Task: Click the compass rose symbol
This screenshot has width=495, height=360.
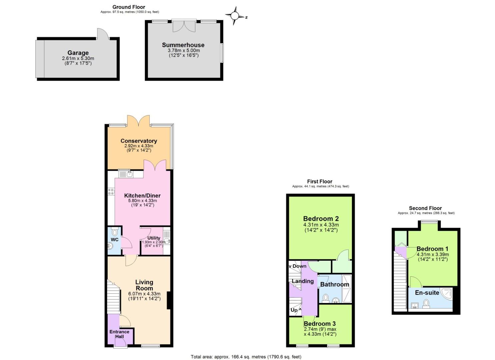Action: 235,16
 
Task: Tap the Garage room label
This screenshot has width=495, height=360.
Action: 78,53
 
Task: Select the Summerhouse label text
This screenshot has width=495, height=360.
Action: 183,45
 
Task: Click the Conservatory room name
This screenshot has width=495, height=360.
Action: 139,141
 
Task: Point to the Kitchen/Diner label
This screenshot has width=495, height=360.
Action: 142,196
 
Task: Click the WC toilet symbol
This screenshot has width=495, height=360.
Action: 115,232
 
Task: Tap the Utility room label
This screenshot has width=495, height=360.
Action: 154,238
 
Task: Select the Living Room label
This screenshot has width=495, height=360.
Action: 144,285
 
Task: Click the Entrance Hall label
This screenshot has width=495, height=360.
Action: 119,334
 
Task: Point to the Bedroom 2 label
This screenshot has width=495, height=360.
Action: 321,219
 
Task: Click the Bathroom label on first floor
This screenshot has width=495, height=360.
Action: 335,284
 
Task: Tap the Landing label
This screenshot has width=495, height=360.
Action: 303,281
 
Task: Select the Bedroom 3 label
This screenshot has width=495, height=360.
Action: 320,324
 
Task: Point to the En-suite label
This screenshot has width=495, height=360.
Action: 427,293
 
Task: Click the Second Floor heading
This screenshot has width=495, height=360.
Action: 425,208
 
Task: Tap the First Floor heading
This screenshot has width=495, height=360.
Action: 320,182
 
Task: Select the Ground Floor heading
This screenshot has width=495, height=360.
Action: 129,7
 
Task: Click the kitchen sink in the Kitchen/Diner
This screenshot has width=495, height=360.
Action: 126,174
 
